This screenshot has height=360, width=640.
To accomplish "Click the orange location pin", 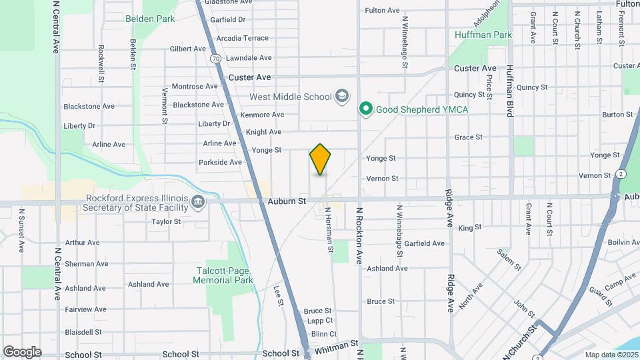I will tap(320, 159).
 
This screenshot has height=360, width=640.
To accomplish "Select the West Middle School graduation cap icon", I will tap(342, 97).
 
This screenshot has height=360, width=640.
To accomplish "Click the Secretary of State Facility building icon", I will tap(198, 202).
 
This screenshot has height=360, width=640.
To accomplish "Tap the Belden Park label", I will tap(150, 19).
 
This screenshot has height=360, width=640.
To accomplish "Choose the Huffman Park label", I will tap(483, 35).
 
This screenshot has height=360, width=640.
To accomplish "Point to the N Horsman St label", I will tap(329, 229).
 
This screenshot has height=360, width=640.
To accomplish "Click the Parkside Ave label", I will tap(220, 162).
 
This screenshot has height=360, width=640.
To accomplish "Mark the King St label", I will tap(470, 228).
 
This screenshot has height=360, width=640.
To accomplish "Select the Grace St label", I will tap(468, 137).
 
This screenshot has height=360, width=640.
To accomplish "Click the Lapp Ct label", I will tap(317, 321).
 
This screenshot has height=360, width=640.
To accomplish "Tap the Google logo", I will tap(22, 351).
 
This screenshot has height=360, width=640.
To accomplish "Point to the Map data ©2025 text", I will tap(611, 355).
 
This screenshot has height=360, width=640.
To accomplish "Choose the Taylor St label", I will tap(167, 222).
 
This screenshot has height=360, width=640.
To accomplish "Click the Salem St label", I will tap(509, 257).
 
